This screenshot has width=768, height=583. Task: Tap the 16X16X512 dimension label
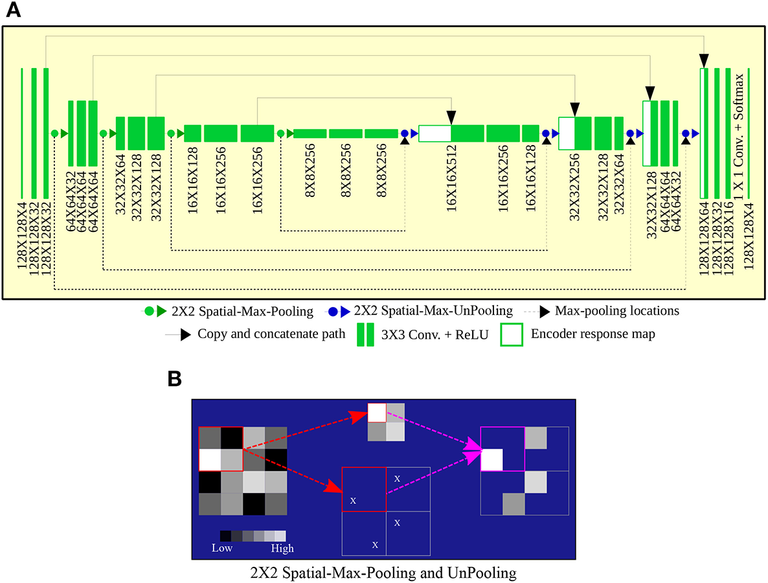coord(451,184)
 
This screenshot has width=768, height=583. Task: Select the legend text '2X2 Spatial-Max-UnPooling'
coord(447,311)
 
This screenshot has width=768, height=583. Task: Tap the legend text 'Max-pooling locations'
coord(617,311)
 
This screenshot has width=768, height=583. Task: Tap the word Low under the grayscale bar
coord(222,548)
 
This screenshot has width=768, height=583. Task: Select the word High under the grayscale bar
coord(282,548)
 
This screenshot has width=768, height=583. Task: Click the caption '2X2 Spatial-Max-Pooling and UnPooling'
coord(383,572)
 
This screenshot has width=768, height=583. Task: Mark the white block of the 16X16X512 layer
coord(435,133)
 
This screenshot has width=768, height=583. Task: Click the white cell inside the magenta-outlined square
coord(491,460)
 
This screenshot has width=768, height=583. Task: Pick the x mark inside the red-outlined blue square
coord(353,500)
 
